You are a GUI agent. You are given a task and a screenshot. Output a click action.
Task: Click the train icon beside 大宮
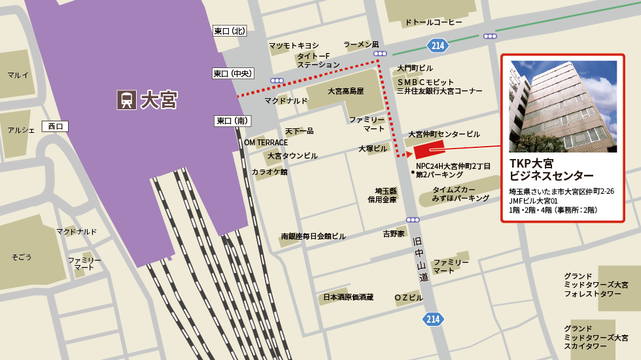[126, 99]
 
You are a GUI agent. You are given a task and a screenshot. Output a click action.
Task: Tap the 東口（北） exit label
[230, 31]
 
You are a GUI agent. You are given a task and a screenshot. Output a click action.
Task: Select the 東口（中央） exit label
[232, 73]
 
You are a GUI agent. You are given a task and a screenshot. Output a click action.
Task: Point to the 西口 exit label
[54, 126]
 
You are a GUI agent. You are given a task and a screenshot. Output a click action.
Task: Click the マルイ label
[18, 75]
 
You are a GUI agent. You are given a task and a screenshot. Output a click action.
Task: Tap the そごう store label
[22, 257]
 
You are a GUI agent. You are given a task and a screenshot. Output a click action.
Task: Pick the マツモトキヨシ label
[294, 45]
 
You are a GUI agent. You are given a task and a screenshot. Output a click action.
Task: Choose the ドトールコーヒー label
[434, 22]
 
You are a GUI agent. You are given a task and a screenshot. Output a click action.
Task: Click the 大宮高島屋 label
[345, 91]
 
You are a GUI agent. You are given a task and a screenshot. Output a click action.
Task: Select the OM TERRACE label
[266, 143]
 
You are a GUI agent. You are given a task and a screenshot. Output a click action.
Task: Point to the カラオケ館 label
[269, 171]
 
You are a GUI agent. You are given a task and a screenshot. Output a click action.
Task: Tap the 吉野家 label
[394, 234]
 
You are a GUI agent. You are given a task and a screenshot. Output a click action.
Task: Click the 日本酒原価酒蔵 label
[348, 297]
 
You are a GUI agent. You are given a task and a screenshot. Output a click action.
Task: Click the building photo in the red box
[563, 107]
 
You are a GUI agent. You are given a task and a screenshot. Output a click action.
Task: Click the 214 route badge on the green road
[438, 45]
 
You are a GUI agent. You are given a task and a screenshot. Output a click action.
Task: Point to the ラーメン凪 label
[361, 45]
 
